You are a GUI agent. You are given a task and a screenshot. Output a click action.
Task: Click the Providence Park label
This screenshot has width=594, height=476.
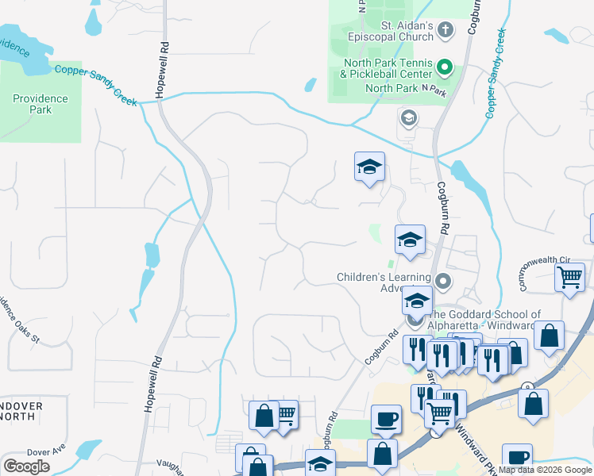click(x=40, y=104)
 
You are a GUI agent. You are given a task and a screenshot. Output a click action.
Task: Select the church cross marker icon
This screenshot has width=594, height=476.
click(x=445, y=31)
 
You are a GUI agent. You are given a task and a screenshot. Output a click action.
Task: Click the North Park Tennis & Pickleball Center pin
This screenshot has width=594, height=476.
click(x=445, y=69)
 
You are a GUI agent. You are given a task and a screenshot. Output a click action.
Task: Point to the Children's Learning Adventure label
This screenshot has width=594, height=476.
click(x=383, y=282)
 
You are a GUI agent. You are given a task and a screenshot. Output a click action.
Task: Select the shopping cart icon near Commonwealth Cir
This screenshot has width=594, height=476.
click(x=569, y=278)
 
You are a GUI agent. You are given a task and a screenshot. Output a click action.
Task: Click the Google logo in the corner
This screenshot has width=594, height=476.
click(x=26, y=466)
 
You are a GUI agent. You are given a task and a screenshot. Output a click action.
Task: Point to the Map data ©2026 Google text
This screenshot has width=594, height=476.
click(x=546, y=470)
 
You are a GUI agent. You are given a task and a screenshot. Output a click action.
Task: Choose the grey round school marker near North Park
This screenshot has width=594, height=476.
click(x=409, y=119)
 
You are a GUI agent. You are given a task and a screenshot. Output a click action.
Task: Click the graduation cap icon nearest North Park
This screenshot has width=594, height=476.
click(x=369, y=167)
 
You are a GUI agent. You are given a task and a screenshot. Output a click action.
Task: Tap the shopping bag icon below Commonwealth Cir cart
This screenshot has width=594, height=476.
click(x=549, y=336)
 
